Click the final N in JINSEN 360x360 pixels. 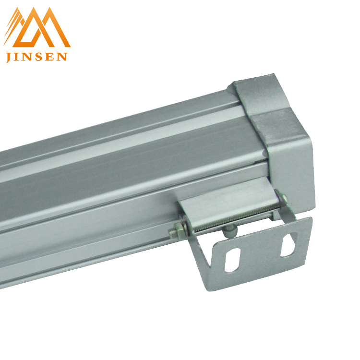pos(61,57)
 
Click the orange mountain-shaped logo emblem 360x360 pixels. pos(37,27)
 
